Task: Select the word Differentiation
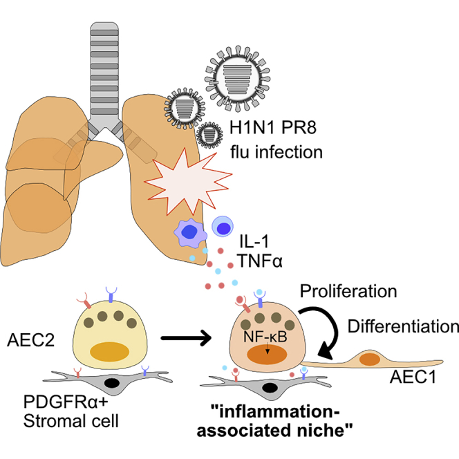(x=404, y=324)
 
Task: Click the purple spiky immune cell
(x=188, y=232)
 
